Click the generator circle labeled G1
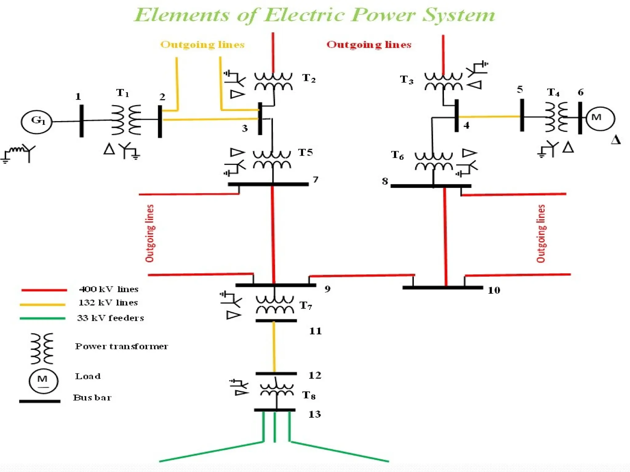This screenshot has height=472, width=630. tap(36, 122)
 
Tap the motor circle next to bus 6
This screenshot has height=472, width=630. tap(600, 119)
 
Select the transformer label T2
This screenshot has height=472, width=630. tap(309, 78)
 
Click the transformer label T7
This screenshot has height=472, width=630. tap(306, 305)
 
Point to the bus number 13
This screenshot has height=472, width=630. tap(314, 414)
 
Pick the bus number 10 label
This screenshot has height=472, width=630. tap(494, 290)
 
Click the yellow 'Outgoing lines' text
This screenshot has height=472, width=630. tap(202, 45)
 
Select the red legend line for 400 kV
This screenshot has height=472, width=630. tap(44, 290)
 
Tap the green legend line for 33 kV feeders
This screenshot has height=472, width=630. tap(42, 318)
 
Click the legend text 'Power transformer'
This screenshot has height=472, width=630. tap(122, 346)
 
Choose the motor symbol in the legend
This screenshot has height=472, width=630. tap(43, 381)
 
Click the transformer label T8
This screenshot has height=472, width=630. tap(309, 395)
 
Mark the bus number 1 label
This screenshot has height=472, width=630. tap(78, 96)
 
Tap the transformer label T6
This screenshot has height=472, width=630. tap(397, 155)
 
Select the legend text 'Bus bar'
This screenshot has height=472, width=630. tap(92, 398)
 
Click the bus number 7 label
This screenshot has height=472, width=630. tap(315, 179)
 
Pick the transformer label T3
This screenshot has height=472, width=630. tap(406, 80)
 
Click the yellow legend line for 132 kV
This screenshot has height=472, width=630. tap(42, 305)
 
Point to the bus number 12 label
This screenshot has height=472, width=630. tap(315, 375)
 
